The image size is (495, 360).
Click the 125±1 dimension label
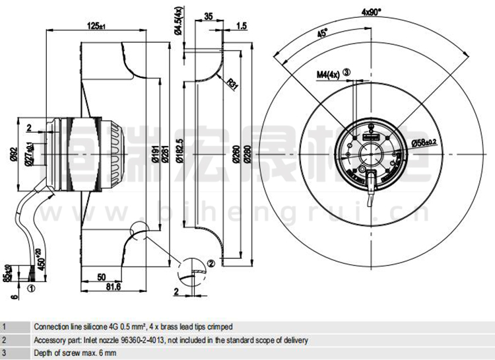(96, 26)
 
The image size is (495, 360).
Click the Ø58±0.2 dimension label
(424, 143)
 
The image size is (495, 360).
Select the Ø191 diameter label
(154, 155)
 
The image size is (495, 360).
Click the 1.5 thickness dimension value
(242, 26)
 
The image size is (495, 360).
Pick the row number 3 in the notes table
(5, 353)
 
